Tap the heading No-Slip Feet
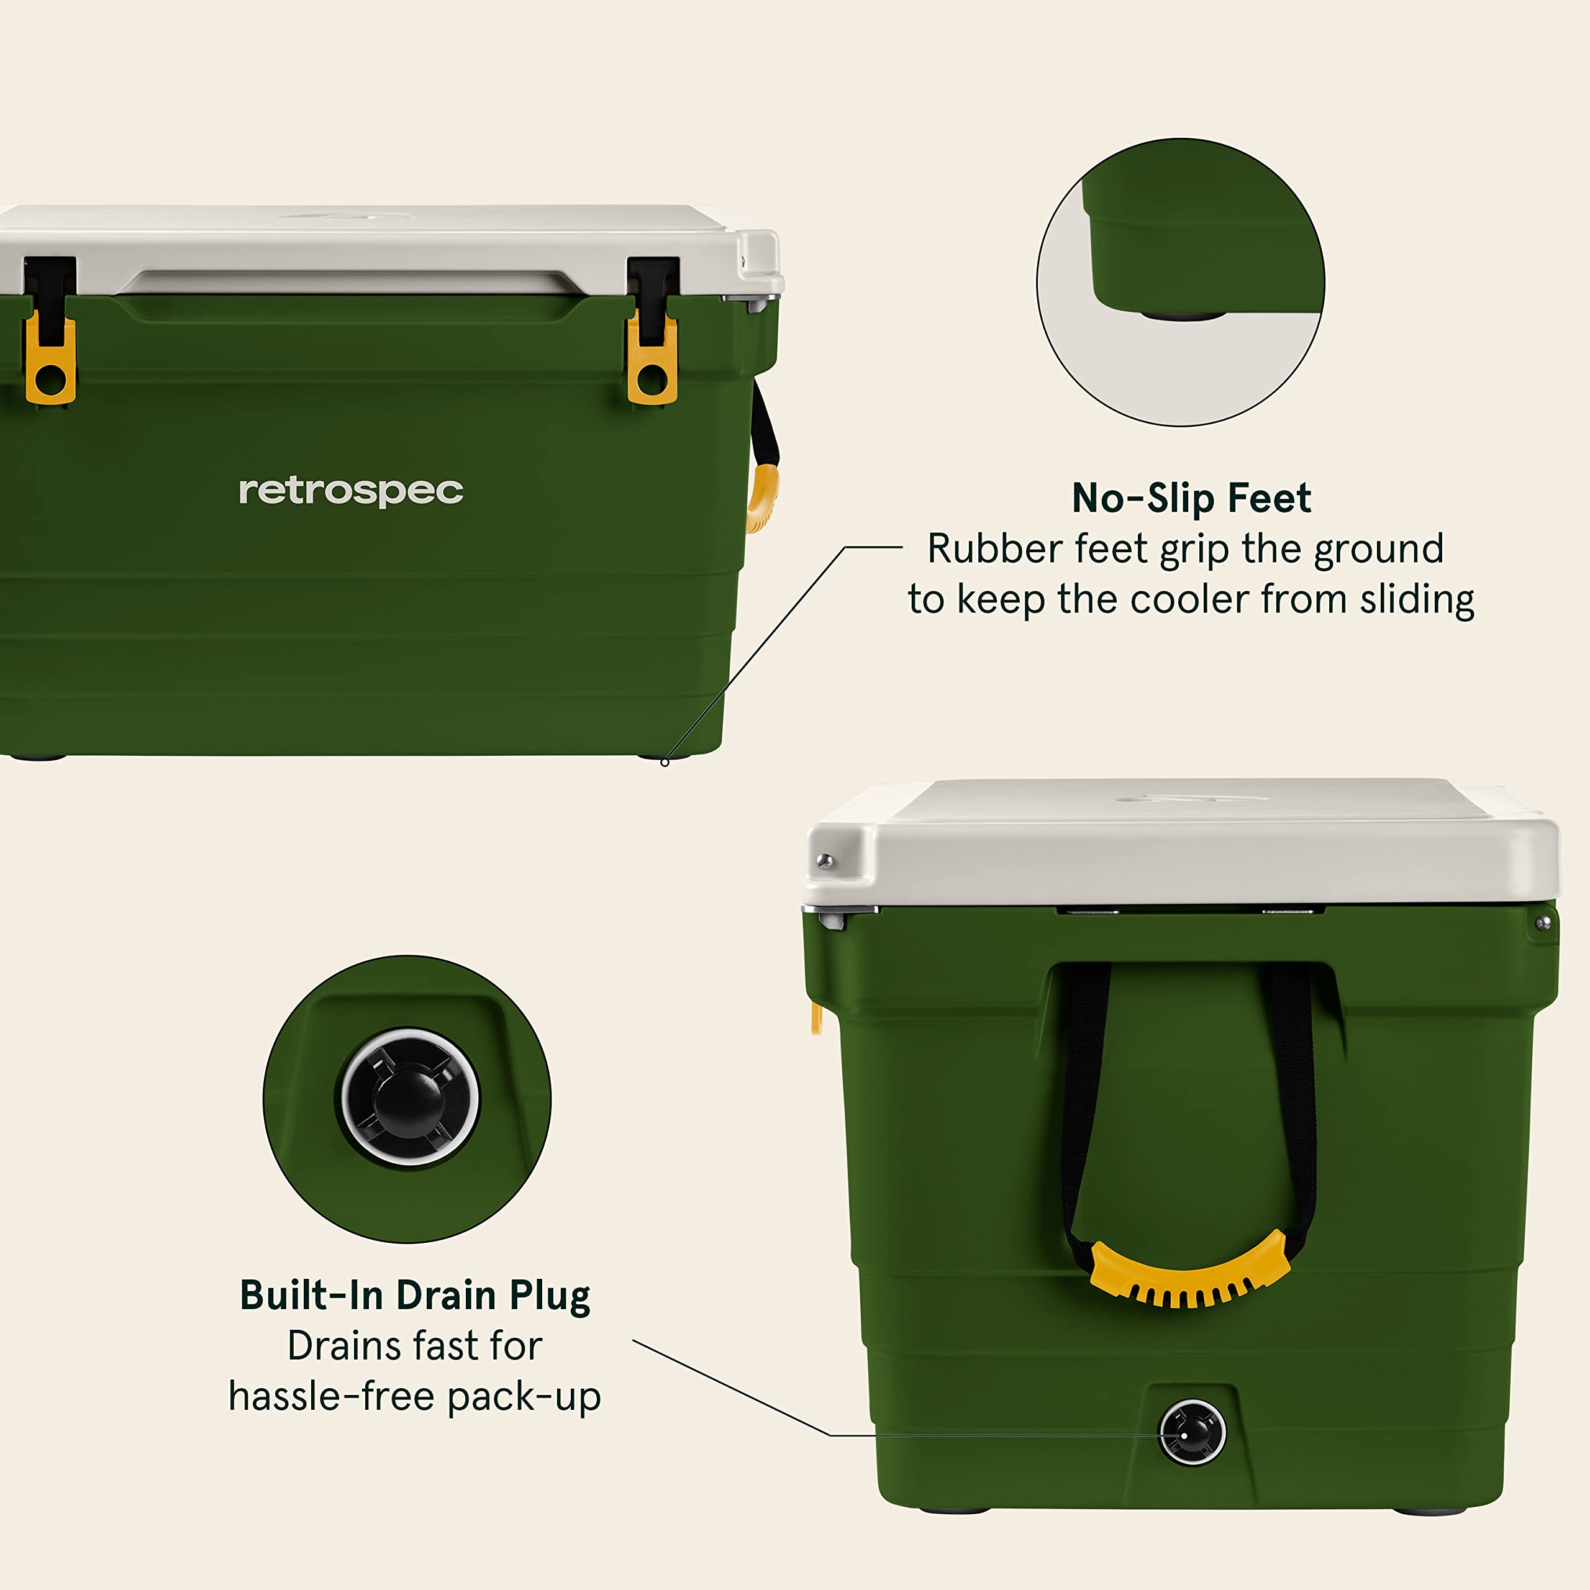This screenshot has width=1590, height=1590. [x=1191, y=499]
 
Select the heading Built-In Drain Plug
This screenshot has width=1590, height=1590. [x=415, y=1296]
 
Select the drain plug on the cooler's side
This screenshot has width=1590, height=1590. [x=1192, y=1433]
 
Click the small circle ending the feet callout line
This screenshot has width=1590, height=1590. [x=665, y=762]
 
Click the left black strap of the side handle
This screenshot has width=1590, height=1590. [x=1081, y=1103]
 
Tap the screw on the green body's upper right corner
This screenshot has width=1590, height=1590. [x=1543, y=924]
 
